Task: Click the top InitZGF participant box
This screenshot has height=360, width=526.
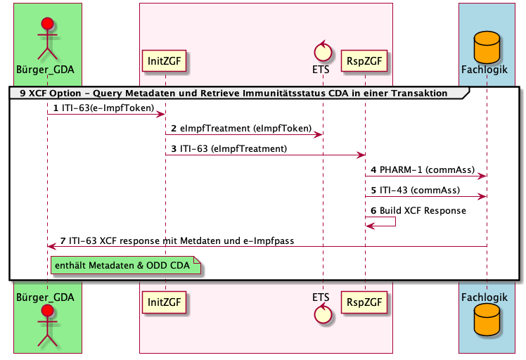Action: tap(165, 61)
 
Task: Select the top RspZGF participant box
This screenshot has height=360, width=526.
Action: tap(365, 61)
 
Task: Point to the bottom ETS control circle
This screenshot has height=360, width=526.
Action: tap(323, 314)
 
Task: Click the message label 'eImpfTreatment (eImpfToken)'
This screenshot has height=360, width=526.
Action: tap(245, 129)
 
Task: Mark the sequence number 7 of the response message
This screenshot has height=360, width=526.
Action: tap(63, 240)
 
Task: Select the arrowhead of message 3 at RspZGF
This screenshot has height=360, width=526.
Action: tap(361, 155)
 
